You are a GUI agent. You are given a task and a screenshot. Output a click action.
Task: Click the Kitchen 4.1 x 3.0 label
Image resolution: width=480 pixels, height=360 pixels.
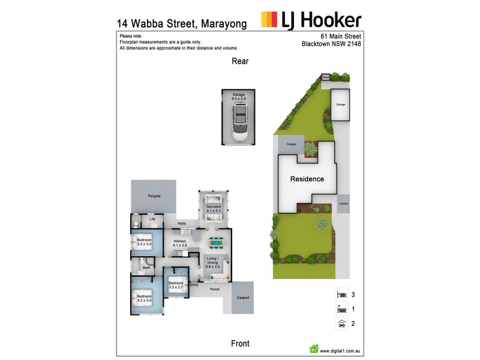(x=180, y=242)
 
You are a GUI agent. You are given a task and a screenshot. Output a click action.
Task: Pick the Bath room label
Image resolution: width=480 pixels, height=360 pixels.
(x=146, y=267)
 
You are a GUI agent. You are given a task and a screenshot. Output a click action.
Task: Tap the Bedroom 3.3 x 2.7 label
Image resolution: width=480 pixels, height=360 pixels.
(x=176, y=285)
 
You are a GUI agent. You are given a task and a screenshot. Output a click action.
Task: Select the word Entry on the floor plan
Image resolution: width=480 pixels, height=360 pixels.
(x=194, y=284)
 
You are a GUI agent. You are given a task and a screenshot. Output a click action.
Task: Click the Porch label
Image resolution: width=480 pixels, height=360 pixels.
(x=214, y=289)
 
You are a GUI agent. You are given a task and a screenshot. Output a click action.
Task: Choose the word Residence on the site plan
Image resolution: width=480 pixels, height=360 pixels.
(x=307, y=179)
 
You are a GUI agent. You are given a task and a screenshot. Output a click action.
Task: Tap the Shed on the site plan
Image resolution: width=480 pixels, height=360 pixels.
(x=326, y=77)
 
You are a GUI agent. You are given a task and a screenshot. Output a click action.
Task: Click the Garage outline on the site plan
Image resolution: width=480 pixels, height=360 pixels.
(x=340, y=104)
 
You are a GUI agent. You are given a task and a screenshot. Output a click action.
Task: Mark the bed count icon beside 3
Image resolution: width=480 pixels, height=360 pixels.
(x=340, y=295)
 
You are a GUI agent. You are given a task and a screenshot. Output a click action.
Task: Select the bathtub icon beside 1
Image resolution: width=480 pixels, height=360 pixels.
(x=340, y=310)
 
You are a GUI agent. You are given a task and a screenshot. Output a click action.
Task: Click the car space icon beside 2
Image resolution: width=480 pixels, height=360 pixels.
(x=340, y=324)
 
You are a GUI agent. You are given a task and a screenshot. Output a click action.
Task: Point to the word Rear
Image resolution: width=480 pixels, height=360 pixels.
(x=240, y=61)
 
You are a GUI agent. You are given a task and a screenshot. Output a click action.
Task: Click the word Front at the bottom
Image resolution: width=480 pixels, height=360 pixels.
(x=240, y=343)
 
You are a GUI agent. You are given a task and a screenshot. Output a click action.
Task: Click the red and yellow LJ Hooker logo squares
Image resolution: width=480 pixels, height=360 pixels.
(x=269, y=20)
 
